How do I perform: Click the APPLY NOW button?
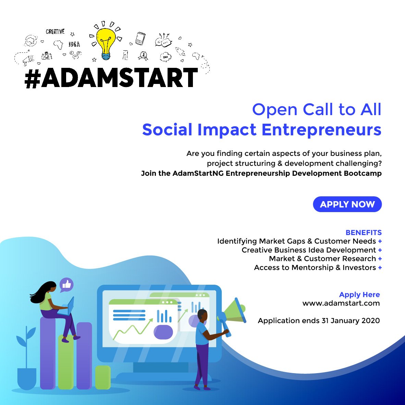[347, 204]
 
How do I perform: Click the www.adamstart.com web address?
[341, 303]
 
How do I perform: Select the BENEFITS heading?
[364, 232]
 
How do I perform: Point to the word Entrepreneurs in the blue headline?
[321, 130]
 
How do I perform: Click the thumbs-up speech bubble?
[66, 285]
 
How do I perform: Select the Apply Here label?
[359, 294]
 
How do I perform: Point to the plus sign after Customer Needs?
[380, 241]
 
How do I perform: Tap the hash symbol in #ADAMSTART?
[33, 78]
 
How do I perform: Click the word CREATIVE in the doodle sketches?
[55, 32]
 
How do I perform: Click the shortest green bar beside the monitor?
[103, 377]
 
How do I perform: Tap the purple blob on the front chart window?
[163, 332]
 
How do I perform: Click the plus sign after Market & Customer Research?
[380, 259]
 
